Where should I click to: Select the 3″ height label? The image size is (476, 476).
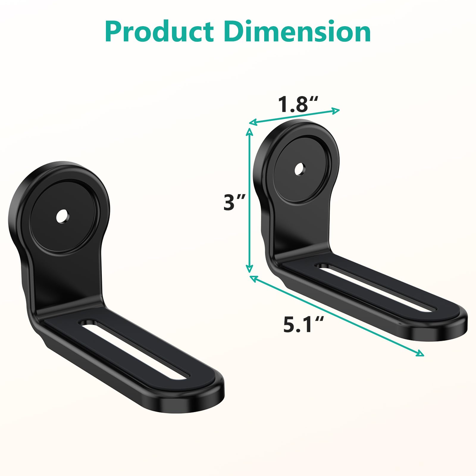point(234,202)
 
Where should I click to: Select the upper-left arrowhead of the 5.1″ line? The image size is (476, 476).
point(253,278)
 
